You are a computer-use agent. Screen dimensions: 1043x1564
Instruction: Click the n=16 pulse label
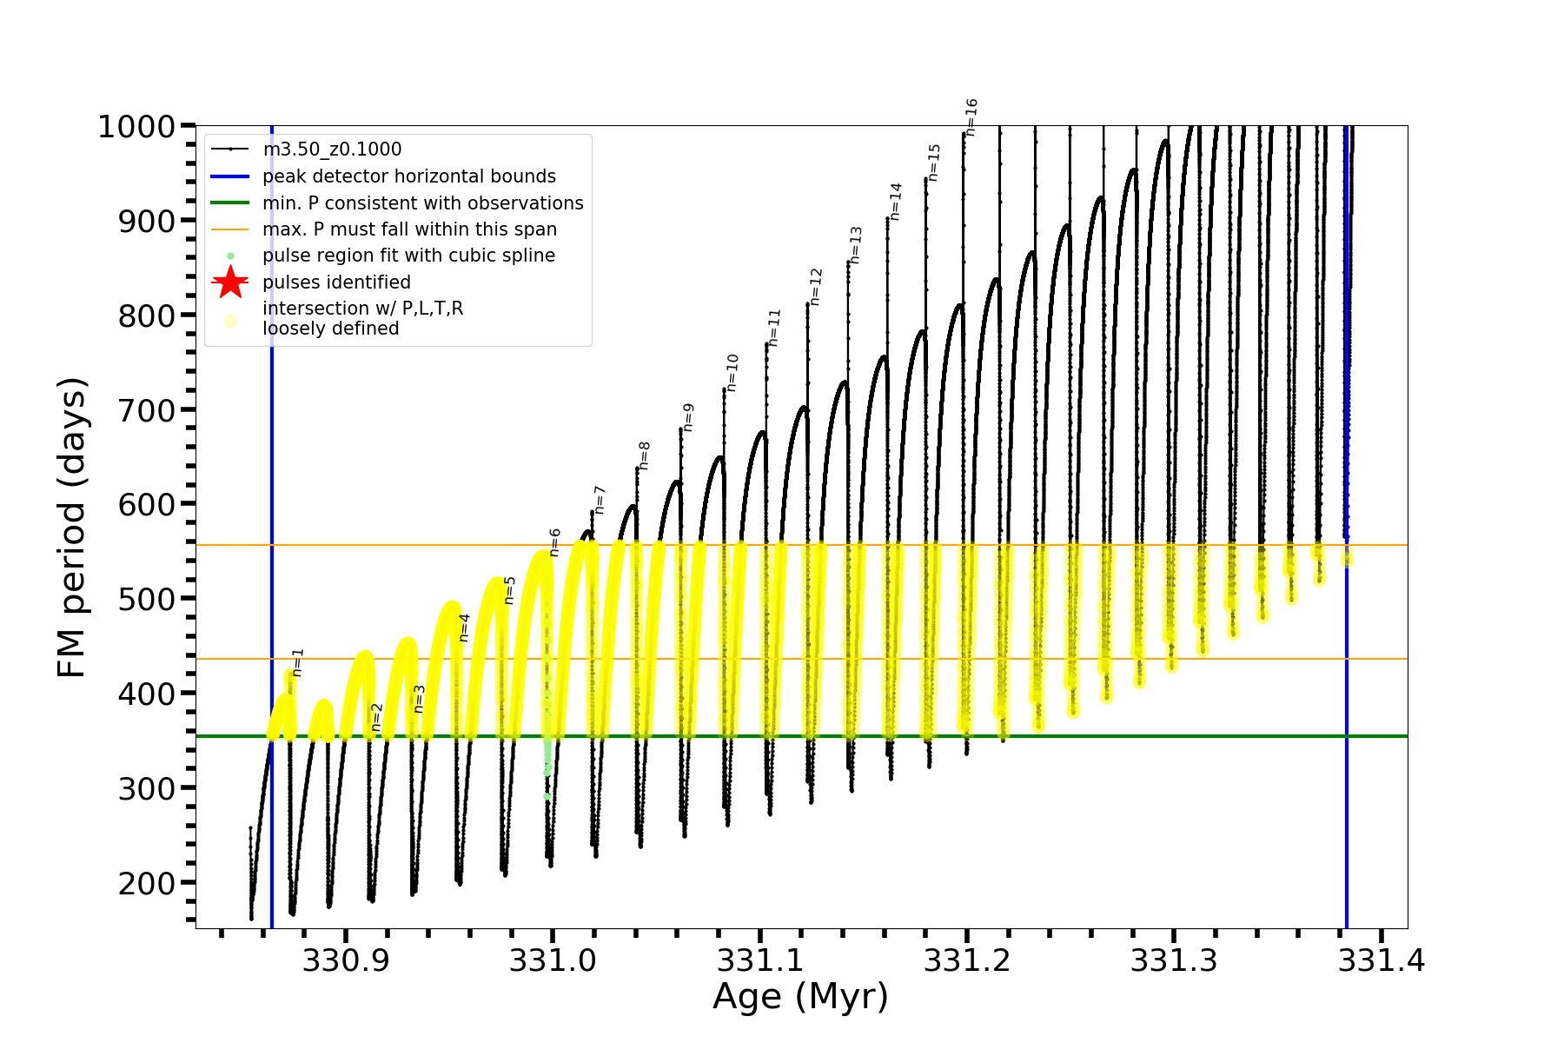pyautogui.click(x=971, y=116)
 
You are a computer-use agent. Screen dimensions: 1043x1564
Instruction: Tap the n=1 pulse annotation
pyautogui.click(x=298, y=662)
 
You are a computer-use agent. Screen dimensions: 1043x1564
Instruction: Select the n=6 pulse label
pyautogui.click(x=554, y=542)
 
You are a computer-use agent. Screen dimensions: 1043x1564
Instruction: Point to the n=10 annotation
pyautogui.click(x=732, y=372)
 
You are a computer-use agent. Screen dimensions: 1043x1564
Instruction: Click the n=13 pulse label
pyautogui.click(x=856, y=245)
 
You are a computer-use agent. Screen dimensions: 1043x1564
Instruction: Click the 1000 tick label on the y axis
pyautogui.click(x=136, y=127)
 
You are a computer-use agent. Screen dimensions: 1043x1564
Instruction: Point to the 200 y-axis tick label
pyautogui.click(x=147, y=883)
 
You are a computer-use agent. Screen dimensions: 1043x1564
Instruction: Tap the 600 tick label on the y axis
pyautogui.click(x=147, y=504)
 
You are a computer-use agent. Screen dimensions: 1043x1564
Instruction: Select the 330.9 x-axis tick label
pyautogui.click(x=345, y=961)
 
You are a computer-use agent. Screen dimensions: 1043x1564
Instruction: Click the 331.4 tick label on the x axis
pyautogui.click(x=1381, y=961)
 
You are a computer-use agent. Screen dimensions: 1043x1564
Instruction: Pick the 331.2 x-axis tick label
pyautogui.click(x=966, y=961)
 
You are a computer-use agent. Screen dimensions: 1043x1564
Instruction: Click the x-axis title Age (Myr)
pyautogui.click(x=800, y=997)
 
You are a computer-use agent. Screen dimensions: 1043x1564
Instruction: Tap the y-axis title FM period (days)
pyautogui.click(x=72, y=528)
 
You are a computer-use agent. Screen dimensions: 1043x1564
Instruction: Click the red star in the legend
pyautogui.click(x=230, y=282)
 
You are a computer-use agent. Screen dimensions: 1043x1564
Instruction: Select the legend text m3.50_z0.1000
pyautogui.click(x=332, y=149)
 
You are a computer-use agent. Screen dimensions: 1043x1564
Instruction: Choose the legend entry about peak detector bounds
pyautogui.click(x=409, y=176)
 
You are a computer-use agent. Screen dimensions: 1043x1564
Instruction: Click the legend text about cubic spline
pyautogui.click(x=408, y=256)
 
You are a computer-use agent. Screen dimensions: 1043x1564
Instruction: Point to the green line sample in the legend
pyautogui.click(x=230, y=203)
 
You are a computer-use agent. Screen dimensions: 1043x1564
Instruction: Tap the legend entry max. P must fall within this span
pyautogui.click(x=409, y=229)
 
